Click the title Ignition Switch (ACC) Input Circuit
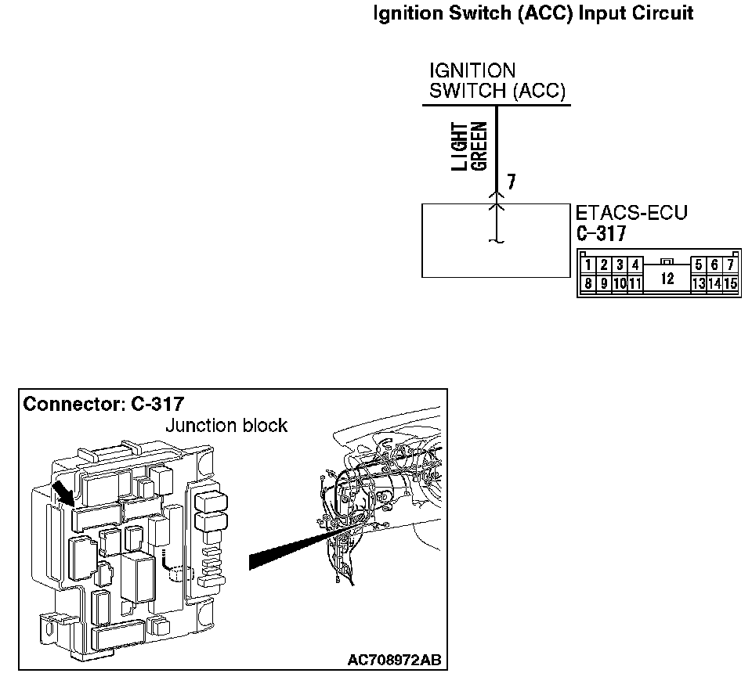(533, 13)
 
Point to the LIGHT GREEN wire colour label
(471, 146)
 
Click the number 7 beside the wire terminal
(511, 182)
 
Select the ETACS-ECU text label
(631, 213)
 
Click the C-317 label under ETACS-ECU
(601, 233)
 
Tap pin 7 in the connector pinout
(730, 265)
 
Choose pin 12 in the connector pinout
(667, 278)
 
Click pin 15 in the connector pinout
(730, 283)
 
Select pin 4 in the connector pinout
(634, 265)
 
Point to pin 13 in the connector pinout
(698, 283)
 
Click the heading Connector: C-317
(103, 405)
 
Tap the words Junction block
(226, 426)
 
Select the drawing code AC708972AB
(394, 661)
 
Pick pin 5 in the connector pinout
(699, 265)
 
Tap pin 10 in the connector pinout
(619, 283)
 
